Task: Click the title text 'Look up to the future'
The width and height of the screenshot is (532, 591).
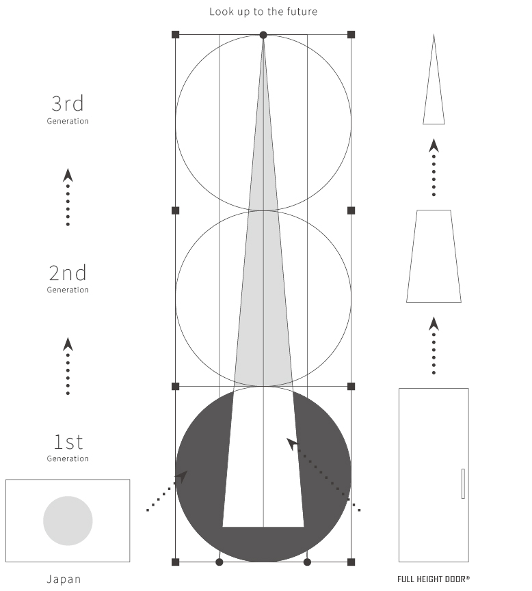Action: pyautogui.click(x=263, y=12)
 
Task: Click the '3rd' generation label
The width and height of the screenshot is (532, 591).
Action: pyautogui.click(x=68, y=104)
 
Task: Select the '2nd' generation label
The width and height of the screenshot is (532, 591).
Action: pyautogui.click(x=68, y=273)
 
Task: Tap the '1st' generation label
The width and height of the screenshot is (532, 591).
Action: pyautogui.click(x=68, y=442)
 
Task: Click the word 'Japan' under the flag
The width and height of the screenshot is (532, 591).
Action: pyautogui.click(x=64, y=579)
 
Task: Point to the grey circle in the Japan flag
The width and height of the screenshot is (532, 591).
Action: pyautogui.click(x=68, y=521)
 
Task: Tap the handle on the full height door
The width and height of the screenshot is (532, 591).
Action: pyautogui.click(x=463, y=484)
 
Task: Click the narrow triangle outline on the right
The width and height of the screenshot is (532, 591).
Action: pyautogui.click(x=434, y=79)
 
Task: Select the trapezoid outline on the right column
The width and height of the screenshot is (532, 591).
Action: pyautogui.click(x=434, y=256)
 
